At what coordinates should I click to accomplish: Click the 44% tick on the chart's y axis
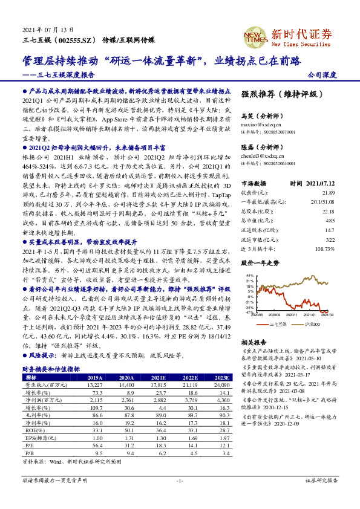click(x=249, y=276)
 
